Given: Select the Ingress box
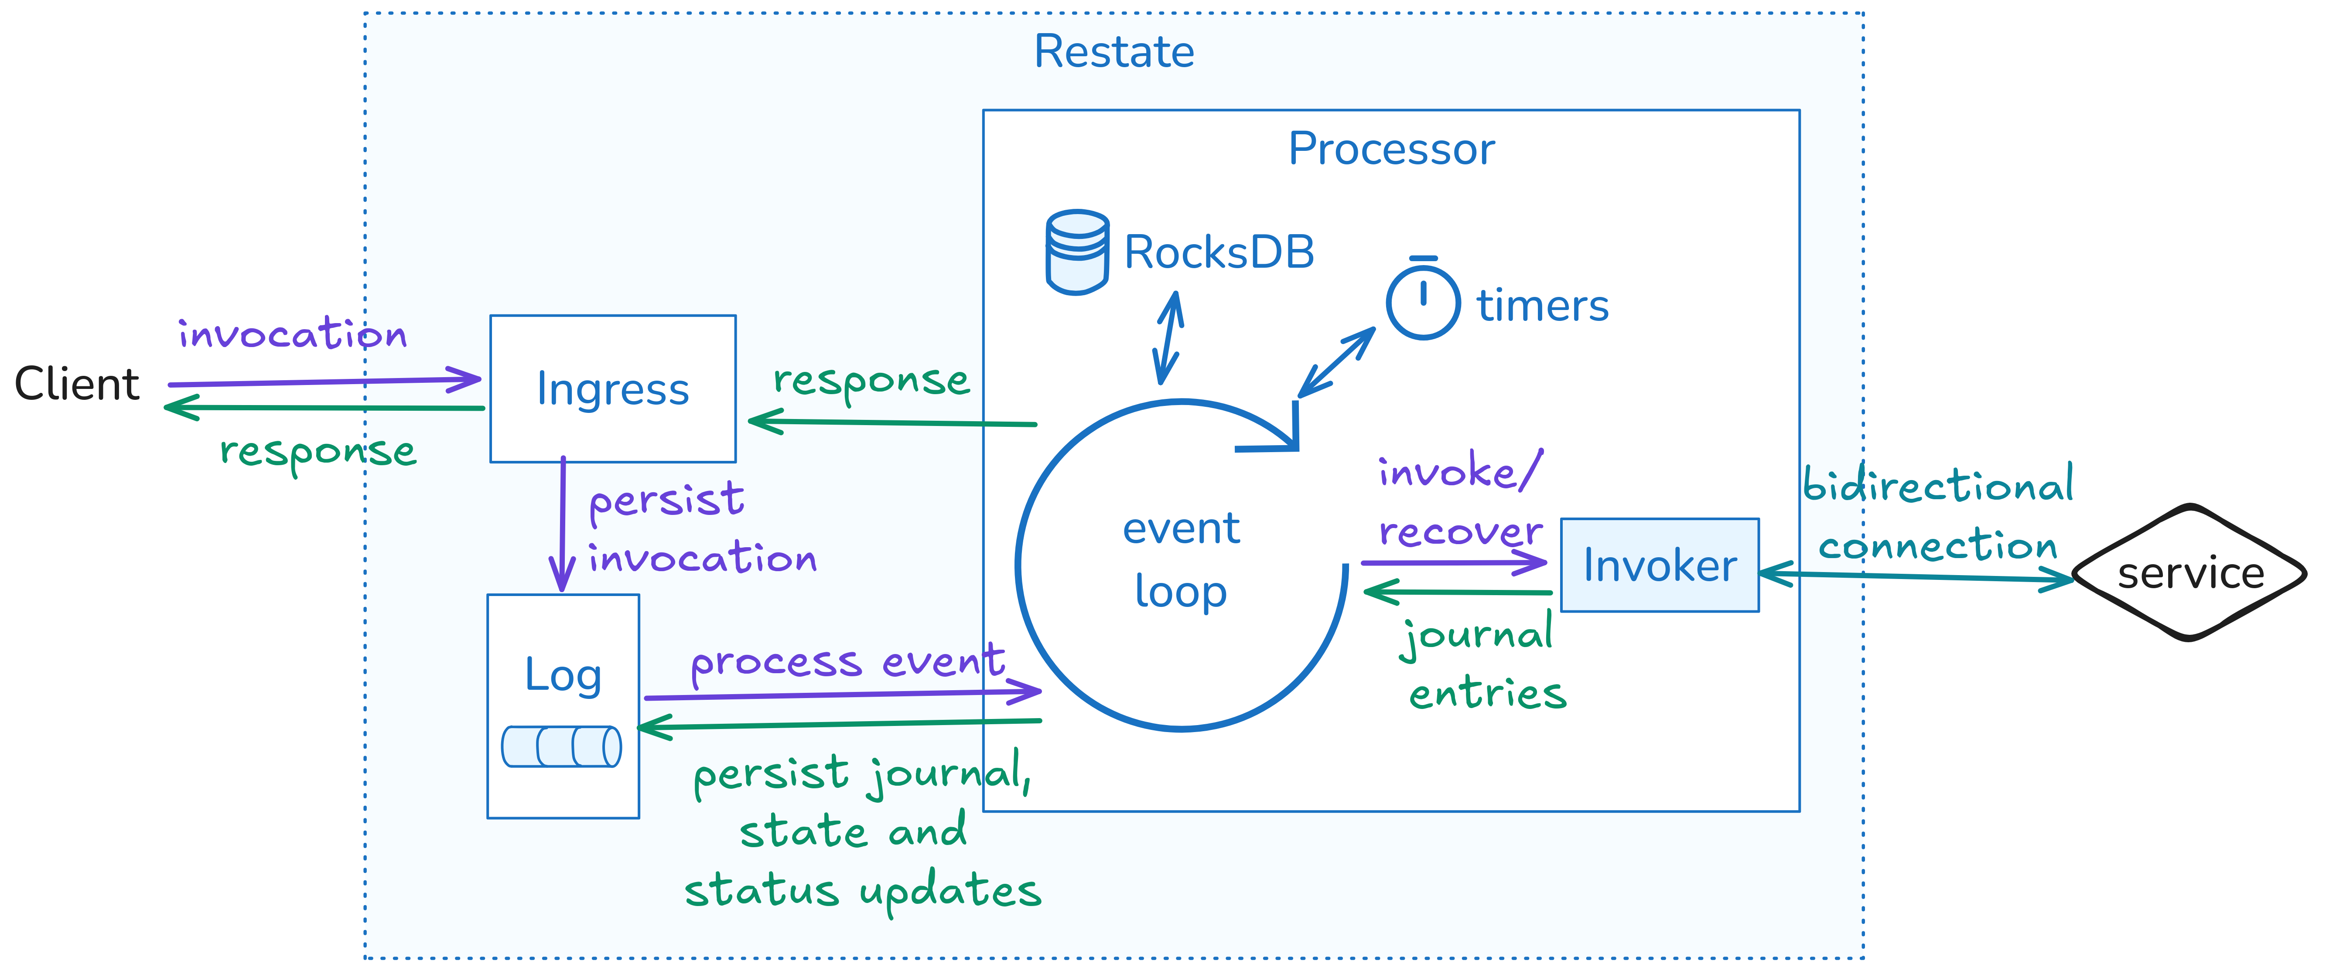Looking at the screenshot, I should tap(612, 389).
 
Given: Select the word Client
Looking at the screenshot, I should tap(77, 385).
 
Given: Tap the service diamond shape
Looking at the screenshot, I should tap(2189, 573).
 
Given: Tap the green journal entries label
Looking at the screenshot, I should tap(1481, 663).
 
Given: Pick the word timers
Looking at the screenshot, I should tap(1542, 306).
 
